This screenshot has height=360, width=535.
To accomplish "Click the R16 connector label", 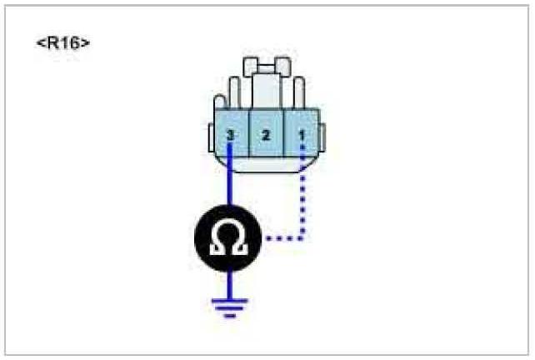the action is point(63,43).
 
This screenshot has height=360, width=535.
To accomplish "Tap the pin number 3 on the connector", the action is point(231,134).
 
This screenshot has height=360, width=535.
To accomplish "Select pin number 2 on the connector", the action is point(266,134).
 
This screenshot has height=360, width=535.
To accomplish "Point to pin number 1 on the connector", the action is point(302,134).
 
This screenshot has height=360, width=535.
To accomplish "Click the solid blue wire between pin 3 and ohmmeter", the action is point(231,183).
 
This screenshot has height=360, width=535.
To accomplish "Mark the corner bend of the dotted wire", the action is point(302,239).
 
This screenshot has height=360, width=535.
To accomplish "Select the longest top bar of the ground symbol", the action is point(231,301).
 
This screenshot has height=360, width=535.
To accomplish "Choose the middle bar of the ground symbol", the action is point(231,308).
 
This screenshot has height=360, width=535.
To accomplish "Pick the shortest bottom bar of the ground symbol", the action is point(231,316).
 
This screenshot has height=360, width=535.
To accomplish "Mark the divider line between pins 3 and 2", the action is point(248,134).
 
